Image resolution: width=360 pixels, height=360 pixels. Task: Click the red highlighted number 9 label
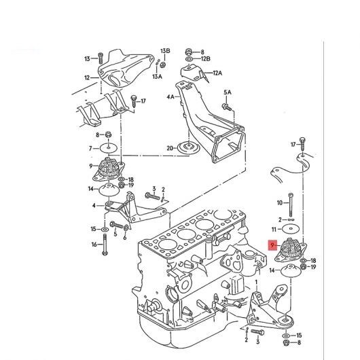[x=272, y=245]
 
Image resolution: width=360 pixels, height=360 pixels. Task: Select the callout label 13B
[x=165, y=51]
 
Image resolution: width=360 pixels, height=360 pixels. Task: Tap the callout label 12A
[x=217, y=73]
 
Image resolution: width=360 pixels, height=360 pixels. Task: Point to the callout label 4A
[x=170, y=97]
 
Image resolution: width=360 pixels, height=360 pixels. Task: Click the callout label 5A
[x=228, y=92]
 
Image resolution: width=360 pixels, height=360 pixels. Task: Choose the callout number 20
[x=170, y=148]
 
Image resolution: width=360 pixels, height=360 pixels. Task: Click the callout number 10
[x=280, y=202]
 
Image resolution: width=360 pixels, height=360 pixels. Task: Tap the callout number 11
[x=274, y=230]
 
